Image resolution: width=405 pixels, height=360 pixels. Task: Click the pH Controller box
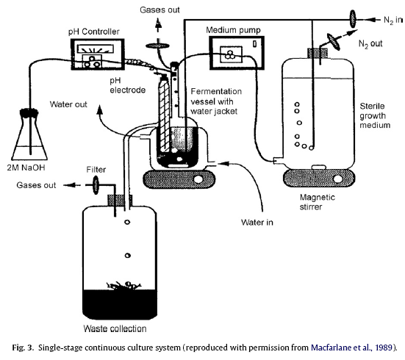coord(98,54)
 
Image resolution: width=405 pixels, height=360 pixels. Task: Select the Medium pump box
coord(237,53)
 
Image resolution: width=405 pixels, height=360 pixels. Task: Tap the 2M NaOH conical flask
coord(29,134)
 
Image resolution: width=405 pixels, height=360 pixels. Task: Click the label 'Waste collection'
coord(115,328)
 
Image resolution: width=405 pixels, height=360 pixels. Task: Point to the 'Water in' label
coord(257,223)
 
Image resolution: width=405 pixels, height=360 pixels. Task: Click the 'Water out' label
coord(68,104)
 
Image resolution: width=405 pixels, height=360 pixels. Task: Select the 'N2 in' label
coord(393,20)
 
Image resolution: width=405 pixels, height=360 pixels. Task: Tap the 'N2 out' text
coord(370,44)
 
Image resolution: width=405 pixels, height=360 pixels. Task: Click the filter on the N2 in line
coord(353,18)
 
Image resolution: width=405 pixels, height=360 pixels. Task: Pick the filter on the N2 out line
coord(333,41)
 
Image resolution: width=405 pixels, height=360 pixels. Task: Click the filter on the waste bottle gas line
coord(96,185)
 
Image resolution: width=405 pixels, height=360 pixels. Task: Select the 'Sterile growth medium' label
coord(375,115)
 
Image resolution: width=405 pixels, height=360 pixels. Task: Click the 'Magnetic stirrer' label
coord(318,202)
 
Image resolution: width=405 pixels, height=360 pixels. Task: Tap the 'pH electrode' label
coord(128,85)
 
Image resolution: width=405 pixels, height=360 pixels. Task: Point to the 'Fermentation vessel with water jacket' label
coord(216,101)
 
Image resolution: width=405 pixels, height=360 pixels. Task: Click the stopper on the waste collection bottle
coord(120,201)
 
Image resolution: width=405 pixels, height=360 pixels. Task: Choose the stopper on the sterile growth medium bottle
coord(318,53)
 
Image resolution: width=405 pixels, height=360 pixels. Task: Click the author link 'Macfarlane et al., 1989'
coord(351,348)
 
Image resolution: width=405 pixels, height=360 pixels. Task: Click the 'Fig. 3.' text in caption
coord(23,348)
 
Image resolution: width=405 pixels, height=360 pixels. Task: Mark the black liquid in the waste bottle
coord(120,304)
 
